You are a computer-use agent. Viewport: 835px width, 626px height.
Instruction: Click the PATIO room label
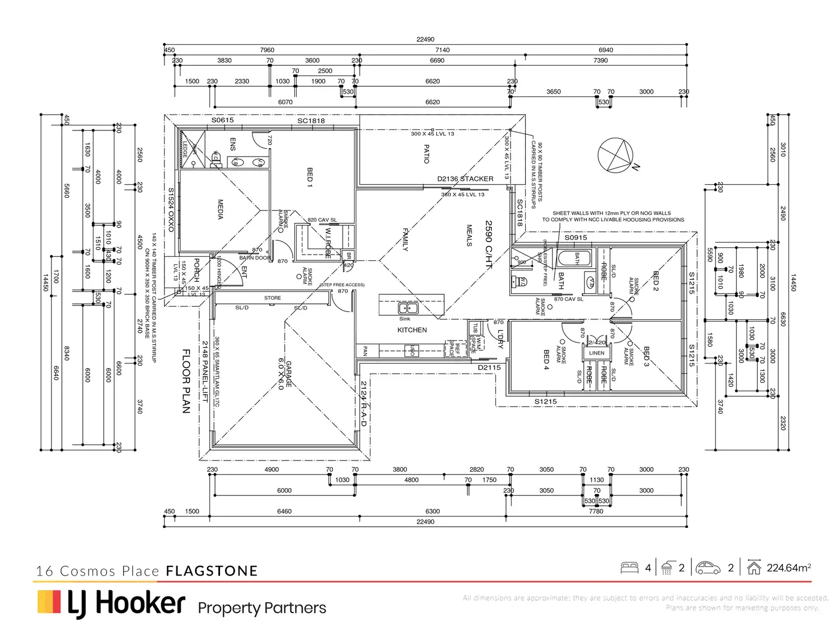[x=427, y=154]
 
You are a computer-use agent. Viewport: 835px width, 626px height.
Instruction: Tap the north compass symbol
[x=616, y=155]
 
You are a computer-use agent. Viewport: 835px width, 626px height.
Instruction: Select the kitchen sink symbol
[x=408, y=308]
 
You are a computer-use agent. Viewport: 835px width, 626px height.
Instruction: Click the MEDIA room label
[x=221, y=209]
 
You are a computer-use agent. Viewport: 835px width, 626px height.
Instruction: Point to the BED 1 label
[x=310, y=177]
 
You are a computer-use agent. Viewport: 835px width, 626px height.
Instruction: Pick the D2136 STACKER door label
[x=465, y=179]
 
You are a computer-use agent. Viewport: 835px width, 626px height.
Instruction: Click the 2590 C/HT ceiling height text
[x=488, y=244]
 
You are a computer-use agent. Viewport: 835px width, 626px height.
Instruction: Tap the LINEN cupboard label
[x=597, y=353]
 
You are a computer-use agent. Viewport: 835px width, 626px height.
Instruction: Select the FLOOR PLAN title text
[x=186, y=381]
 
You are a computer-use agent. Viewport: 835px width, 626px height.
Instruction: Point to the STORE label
[x=272, y=298]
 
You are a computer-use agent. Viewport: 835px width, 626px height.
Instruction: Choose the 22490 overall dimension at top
[x=425, y=40]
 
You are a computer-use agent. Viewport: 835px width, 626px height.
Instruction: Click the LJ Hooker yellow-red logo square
[x=49, y=602]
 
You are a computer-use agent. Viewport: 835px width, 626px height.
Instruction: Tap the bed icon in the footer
[x=630, y=568]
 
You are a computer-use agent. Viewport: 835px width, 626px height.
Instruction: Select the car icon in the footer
[x=708, y=568]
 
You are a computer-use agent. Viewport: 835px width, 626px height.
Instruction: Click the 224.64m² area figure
[x=788, y=568]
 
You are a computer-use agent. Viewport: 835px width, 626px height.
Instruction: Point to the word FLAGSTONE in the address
[x=212, y=571]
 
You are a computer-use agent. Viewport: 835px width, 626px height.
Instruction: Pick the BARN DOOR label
[x=255, y=258]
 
